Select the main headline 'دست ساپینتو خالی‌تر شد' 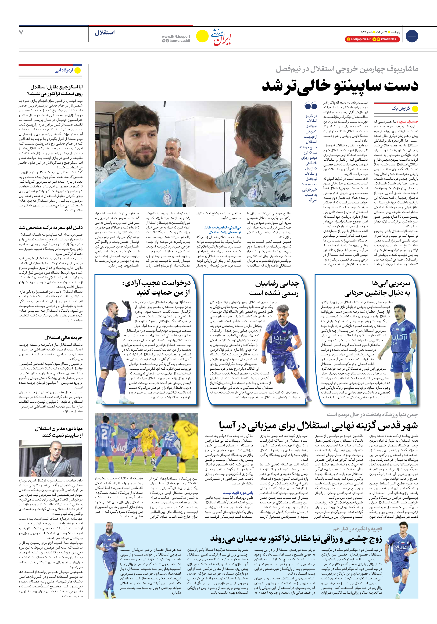tap(340, 86)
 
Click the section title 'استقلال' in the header tap(105, 33)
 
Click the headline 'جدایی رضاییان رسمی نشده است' tap(274, 288)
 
